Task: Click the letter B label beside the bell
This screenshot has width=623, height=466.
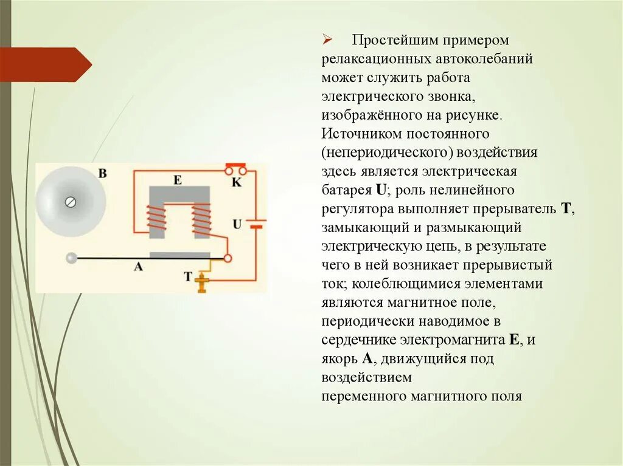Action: point(102,174)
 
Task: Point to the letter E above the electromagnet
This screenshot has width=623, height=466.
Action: point(177,180)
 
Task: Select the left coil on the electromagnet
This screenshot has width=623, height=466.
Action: point(156,219)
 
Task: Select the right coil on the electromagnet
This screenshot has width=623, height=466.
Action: point(201,219)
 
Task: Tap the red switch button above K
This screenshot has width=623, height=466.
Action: point(235,165)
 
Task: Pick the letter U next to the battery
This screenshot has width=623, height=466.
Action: point(237,224)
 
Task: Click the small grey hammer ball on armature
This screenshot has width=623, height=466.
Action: point(72,258)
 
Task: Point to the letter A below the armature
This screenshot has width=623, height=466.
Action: point(137,266)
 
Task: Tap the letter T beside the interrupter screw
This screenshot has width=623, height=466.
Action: point(188,276)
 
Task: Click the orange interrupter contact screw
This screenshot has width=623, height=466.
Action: point(201,282)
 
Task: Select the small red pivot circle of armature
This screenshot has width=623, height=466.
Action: point(228,258)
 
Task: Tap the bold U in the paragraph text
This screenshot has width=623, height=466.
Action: point(381,190)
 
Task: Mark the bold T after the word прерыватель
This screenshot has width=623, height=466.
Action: point(565,208)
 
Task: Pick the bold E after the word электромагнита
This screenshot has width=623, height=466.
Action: point(514,340)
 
